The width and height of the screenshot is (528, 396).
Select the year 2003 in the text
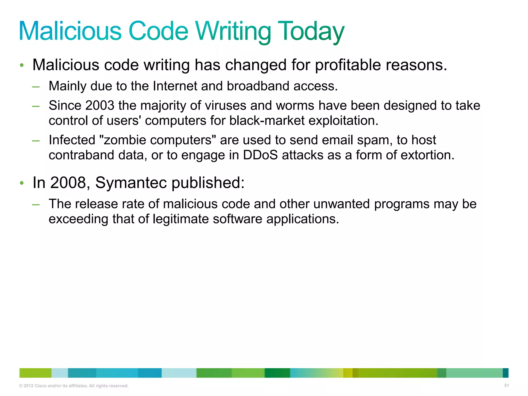coord(100,105)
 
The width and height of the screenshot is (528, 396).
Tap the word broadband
coord(258,86)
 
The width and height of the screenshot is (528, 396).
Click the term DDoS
coord(260,155)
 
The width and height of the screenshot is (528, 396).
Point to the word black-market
coord(267,120)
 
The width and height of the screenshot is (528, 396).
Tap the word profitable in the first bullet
coord(348,65)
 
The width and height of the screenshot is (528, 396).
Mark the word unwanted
coord(341,204)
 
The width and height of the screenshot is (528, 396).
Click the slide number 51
coord(506,385)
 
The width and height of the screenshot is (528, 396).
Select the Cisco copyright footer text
coord(74,386)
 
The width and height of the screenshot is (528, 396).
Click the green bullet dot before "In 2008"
coord(22,183)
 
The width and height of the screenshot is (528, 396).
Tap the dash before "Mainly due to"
coord(36,87)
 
